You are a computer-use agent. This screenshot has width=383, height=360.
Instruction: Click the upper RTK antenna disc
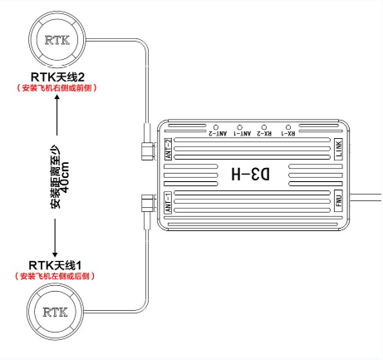[x=57, y=40]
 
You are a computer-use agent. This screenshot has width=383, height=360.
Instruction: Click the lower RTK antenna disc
[x=56, y=312]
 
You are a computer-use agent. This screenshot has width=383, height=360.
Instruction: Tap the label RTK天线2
[x=57, y=76]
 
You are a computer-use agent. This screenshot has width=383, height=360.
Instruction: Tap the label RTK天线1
[x=55, y=265]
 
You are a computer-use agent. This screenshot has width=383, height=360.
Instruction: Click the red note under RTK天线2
[x=56, y=88]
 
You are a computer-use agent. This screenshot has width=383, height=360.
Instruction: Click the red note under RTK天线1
[x=55, y=276]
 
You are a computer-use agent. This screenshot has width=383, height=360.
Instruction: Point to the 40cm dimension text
[x=65, y=177]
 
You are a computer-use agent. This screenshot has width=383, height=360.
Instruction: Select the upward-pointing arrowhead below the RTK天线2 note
[x=57, y=97]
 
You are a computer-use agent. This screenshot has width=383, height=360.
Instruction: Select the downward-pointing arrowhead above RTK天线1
[x=55, y=254]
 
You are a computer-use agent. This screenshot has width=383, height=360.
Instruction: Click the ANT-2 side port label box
[x=168, y=149]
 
